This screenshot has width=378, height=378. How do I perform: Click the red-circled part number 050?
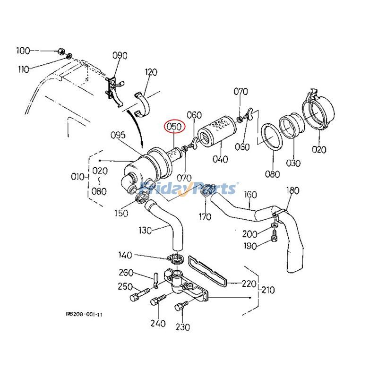point(175,127)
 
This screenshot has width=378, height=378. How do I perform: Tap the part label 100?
point(23,50)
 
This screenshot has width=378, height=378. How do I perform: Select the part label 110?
point(23,69)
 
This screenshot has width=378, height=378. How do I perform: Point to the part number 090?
point(120,56)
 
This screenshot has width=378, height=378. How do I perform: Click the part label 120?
point(151,73)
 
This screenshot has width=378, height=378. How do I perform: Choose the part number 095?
point(118,136)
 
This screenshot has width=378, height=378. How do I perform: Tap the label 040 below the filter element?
point(220,160)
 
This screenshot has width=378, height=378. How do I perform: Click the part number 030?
point(292,163)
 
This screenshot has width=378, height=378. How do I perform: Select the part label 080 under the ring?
point(272,174)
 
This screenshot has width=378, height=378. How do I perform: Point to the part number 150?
point(121,214)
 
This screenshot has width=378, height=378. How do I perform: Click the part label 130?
point(145,231)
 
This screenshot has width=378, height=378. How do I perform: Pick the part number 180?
point(293,190)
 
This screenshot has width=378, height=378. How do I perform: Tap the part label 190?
point(249,246)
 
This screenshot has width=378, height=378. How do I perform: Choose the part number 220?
point(249,284)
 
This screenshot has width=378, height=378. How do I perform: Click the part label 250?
point(125,286)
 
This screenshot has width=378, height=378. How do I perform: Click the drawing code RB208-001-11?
point(85,313)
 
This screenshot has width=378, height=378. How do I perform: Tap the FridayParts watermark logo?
point(189,189)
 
